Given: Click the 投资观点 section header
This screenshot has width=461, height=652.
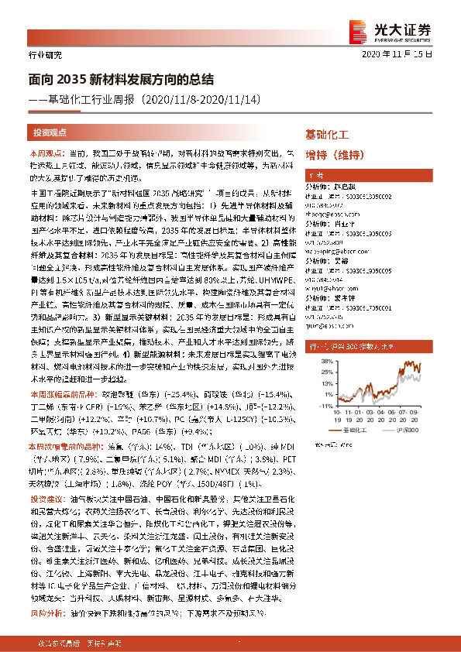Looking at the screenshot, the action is (x=50, y=132).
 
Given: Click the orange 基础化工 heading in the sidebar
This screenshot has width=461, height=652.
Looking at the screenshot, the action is (x=327, y=133).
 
